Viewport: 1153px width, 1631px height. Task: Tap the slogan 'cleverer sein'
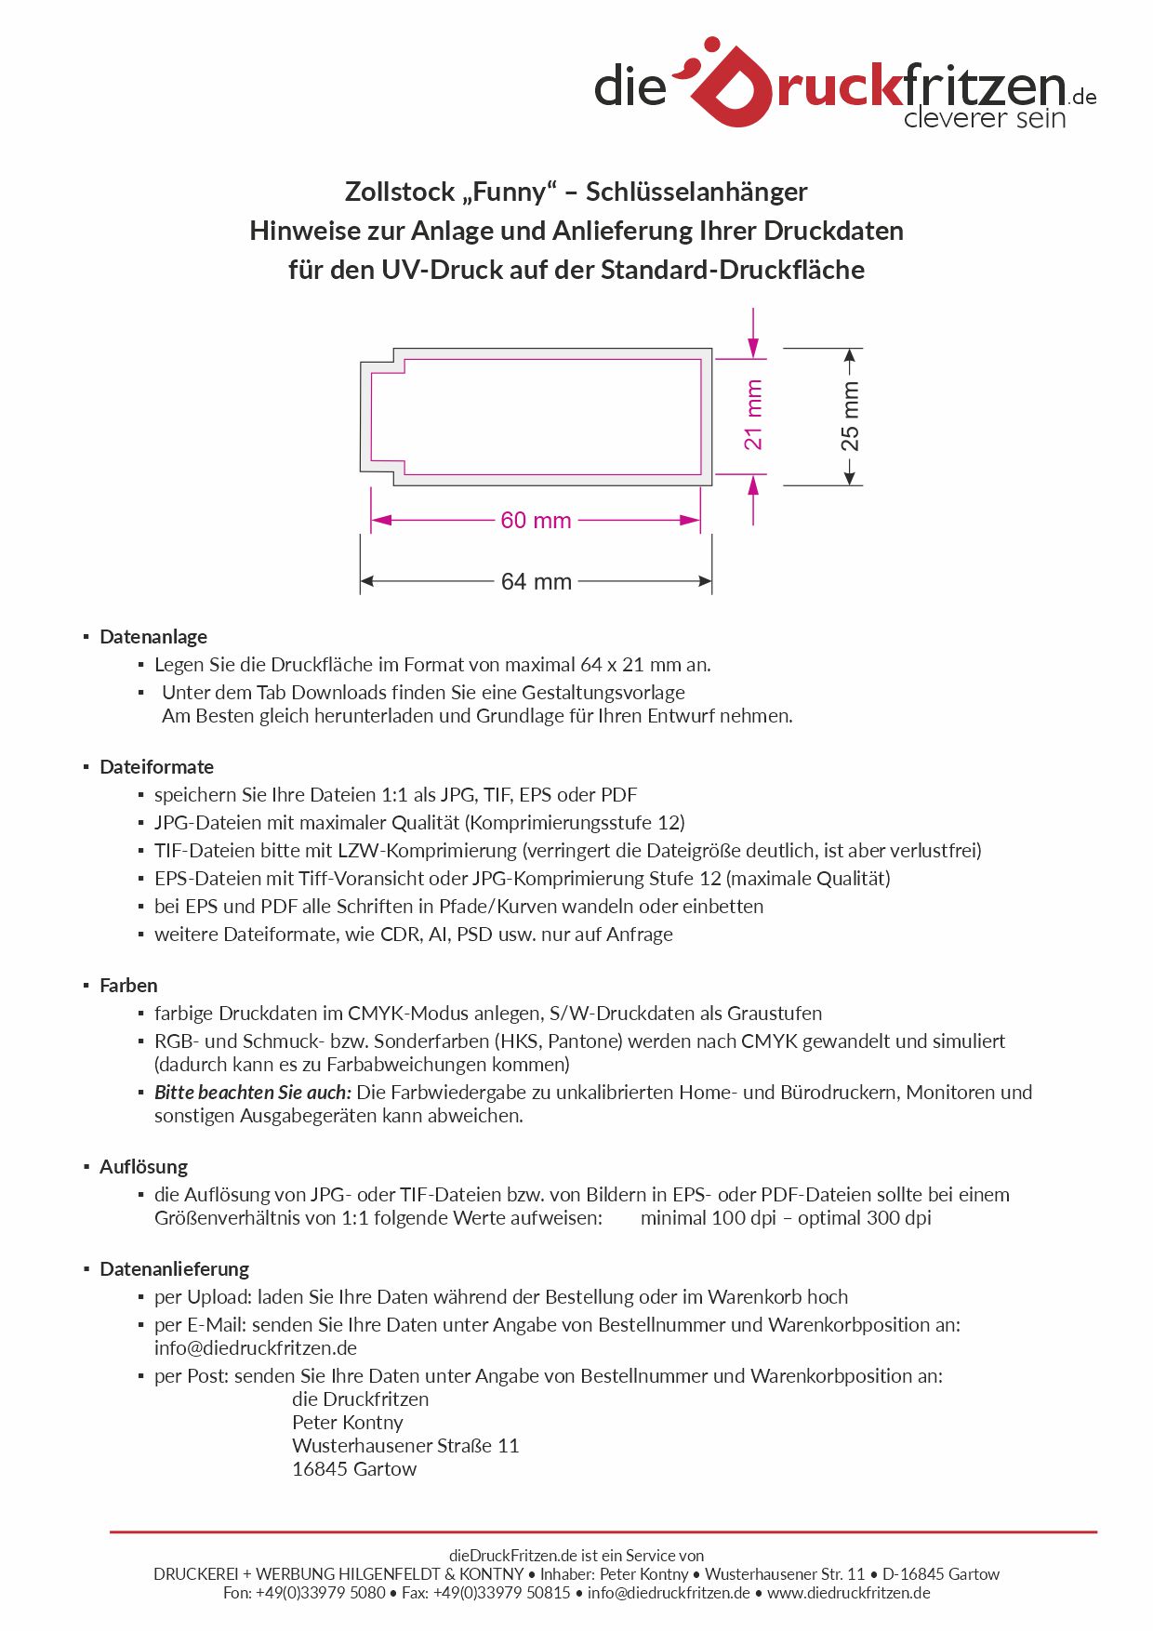[x=984, y=118]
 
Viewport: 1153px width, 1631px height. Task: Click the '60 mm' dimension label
[x=536, y=521]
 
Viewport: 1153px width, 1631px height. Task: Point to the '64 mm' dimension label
[x=536, y=582]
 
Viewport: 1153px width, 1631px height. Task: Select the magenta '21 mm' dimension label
[x=753, y=415]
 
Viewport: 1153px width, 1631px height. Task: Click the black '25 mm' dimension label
[x=850, y=417]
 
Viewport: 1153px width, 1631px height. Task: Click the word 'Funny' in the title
[x=512, y=192]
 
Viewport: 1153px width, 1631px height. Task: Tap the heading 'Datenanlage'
[x=153, y=637]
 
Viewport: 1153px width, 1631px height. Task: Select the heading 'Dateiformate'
[x=156, y=767]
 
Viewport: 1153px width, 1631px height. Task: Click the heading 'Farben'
[x=128, y=986]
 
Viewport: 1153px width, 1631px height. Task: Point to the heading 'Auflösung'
[x=143, y=1167]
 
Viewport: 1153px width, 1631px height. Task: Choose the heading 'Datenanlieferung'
[x=174, y=1269]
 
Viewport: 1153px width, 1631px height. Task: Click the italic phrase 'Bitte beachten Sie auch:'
[x=253, y=1093]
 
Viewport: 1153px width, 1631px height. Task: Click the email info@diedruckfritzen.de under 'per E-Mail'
[x=256, y=1348]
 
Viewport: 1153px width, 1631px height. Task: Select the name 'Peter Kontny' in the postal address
[x=348, y=1423]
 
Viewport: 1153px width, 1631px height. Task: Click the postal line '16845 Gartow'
[x=354, y=1469]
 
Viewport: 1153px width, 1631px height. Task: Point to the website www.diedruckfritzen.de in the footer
[x=848, y=1593]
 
